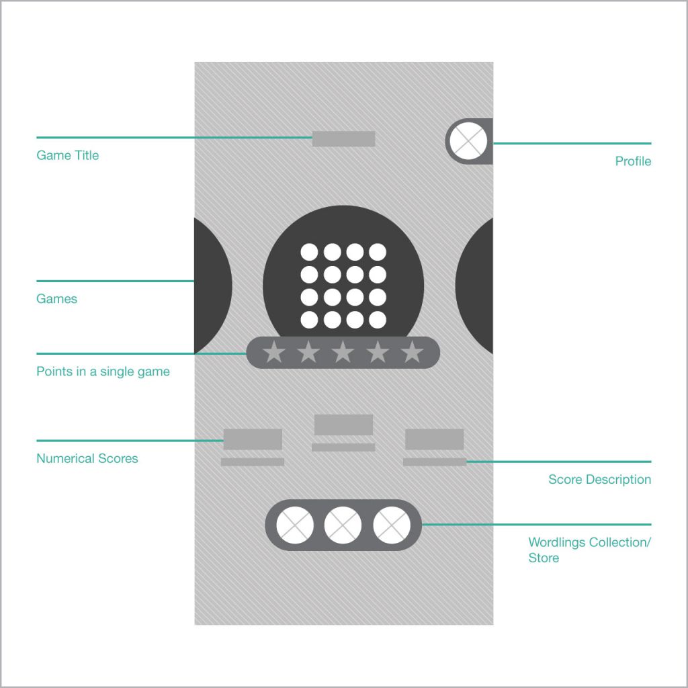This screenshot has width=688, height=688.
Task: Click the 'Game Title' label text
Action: [x=68, y=155]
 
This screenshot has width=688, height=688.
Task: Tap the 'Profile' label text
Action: [x=633, y=161]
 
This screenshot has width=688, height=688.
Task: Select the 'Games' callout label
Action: [x=56, y=299]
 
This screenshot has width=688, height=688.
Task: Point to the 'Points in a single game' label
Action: [x=103, y=372]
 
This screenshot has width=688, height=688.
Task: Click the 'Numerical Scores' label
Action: [x=87, y=458]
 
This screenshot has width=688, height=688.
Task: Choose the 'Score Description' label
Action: [x=599, y=479]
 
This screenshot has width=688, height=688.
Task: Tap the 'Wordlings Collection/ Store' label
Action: [x=589, y=550]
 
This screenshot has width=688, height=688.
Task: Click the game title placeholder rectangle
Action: [x=343, y=138]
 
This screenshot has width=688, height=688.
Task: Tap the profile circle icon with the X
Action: [x=468, y=141]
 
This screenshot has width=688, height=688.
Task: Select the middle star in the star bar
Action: [x=343, y=352]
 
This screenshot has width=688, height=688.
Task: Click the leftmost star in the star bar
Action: [x=274, y=352]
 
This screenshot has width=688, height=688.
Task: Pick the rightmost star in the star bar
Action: [x=412, y=352]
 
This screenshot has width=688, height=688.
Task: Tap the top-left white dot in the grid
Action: [x=309, y=253]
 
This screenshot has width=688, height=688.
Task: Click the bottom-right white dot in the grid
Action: [x=378, y=320]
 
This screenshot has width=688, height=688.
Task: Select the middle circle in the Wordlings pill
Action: [x=343, y=525]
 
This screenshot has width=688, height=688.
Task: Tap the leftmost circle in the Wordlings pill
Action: [x=295, y=525]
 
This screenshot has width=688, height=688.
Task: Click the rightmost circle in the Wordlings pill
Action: [x=392, y=525]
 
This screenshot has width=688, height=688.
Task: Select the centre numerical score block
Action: [x=343, y=425]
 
